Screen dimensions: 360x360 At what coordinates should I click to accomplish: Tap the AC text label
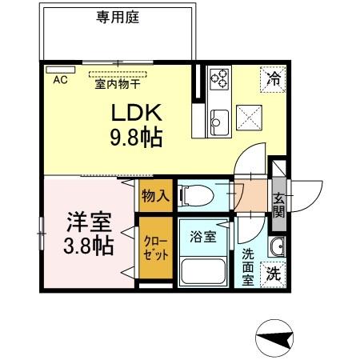pyautogui.click(x=60, y=80)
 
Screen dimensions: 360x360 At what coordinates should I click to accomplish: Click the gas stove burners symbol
pyautogui.click(x=219, y=78)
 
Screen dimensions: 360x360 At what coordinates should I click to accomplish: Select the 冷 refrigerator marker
pyautogui.click(x=272, y=78)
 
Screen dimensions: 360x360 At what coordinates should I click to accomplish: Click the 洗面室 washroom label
pyautogui.click(x=248, y=266)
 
